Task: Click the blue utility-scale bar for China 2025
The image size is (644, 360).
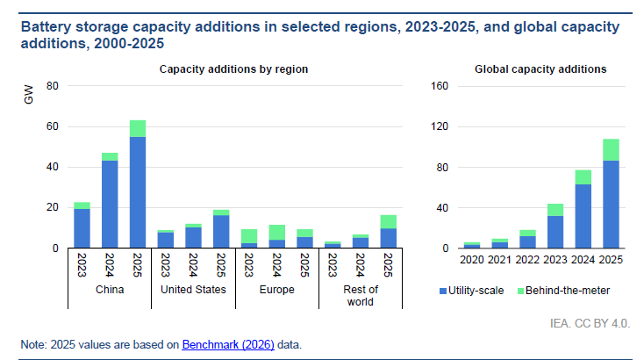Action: coord(138,192)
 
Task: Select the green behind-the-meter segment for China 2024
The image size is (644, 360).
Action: coord(110,157)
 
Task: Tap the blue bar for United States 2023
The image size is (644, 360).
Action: coord(166,240)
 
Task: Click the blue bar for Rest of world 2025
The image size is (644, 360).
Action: coord(389,238)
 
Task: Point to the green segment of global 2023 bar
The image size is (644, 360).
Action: coord(555,210)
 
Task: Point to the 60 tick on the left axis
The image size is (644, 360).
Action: coord(52,126)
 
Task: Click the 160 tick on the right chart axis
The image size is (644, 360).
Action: coord(439,86)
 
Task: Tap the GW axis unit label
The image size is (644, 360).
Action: coord(28,97)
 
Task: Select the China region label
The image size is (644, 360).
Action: coord(110,289)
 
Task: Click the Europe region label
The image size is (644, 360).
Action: coord(277,289)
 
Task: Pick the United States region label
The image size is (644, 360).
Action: coord(193,289)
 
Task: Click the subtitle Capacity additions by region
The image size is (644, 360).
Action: coord(233,68)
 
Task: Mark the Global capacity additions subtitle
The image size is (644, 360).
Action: coord(540,68)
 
